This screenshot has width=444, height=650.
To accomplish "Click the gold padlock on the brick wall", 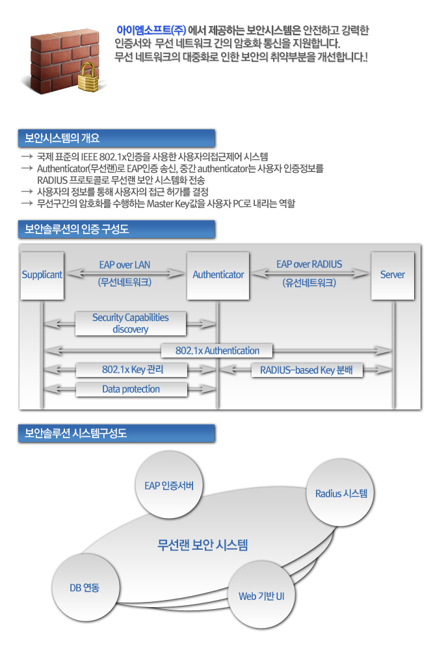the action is click(x=88, y=77).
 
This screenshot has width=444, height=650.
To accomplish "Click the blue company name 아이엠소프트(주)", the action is click(x=151, y=31).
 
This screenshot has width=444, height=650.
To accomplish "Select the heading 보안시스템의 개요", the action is click(x=62, y=138).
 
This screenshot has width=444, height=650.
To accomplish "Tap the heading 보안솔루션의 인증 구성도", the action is click(x=77, y=229).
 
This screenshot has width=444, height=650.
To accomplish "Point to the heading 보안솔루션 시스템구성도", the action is click(x=75, y=433).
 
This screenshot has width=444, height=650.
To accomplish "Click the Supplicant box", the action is click(x=42, y=275).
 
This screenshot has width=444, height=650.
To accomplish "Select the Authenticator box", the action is click(x=218, y=275).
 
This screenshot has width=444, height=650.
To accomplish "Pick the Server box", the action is click(x=393, y=275).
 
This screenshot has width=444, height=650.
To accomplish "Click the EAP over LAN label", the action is click(x=124, y=265).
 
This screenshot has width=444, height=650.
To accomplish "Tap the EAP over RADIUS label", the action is click(x=309, y=264).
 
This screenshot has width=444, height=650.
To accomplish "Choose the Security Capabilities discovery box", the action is click(x=131, y=323).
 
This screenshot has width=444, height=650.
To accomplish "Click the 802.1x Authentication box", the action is click(x=217, y=351).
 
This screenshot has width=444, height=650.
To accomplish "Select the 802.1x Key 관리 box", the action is click(x=132, y=370).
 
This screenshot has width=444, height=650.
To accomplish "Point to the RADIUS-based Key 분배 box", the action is click(x=307, y=370).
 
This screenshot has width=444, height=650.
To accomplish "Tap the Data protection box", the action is click(x=132, y=389).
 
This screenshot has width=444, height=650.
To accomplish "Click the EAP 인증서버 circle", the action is click(x=169, y=485).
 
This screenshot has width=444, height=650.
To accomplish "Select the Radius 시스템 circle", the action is click(x=341, y=493).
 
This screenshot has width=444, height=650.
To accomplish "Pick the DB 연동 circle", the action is click(x=86, y=588).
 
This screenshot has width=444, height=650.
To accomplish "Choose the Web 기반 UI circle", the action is click(x=261, y=595).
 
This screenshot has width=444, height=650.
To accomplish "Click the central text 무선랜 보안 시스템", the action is click(x=202, y=544).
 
